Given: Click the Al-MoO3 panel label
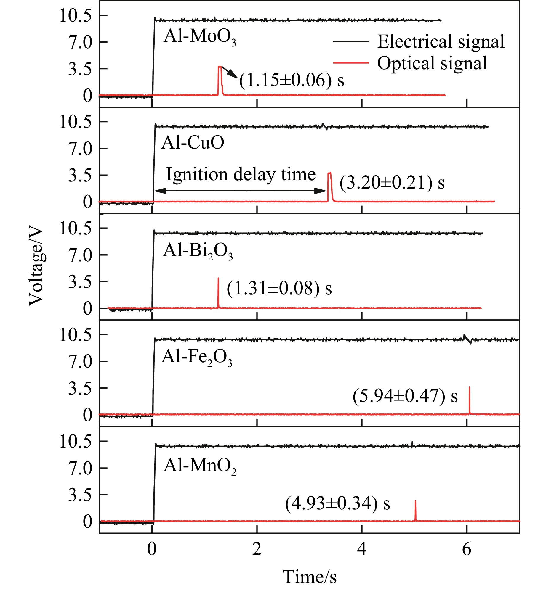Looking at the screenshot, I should coord(200,37).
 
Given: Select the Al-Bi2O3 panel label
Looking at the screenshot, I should coord(198,251).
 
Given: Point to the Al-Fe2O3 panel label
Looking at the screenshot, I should coord(197,357).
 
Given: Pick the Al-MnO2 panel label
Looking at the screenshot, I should coord(200,465).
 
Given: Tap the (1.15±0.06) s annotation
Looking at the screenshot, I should coord(292,80).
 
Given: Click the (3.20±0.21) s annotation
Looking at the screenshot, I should coord(392,182).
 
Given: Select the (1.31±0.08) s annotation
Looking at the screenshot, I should coord(279,288).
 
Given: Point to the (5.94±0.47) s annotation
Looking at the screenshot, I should coord(405,396).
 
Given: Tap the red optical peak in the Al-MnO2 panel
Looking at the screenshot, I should coord(415,510).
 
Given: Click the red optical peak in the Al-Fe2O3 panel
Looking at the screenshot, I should coord(469,400).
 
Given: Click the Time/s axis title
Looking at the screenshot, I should coord(309,577).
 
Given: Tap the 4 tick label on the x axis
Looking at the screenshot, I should coord(362,549).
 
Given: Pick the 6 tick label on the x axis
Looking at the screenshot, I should coord(467,549).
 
